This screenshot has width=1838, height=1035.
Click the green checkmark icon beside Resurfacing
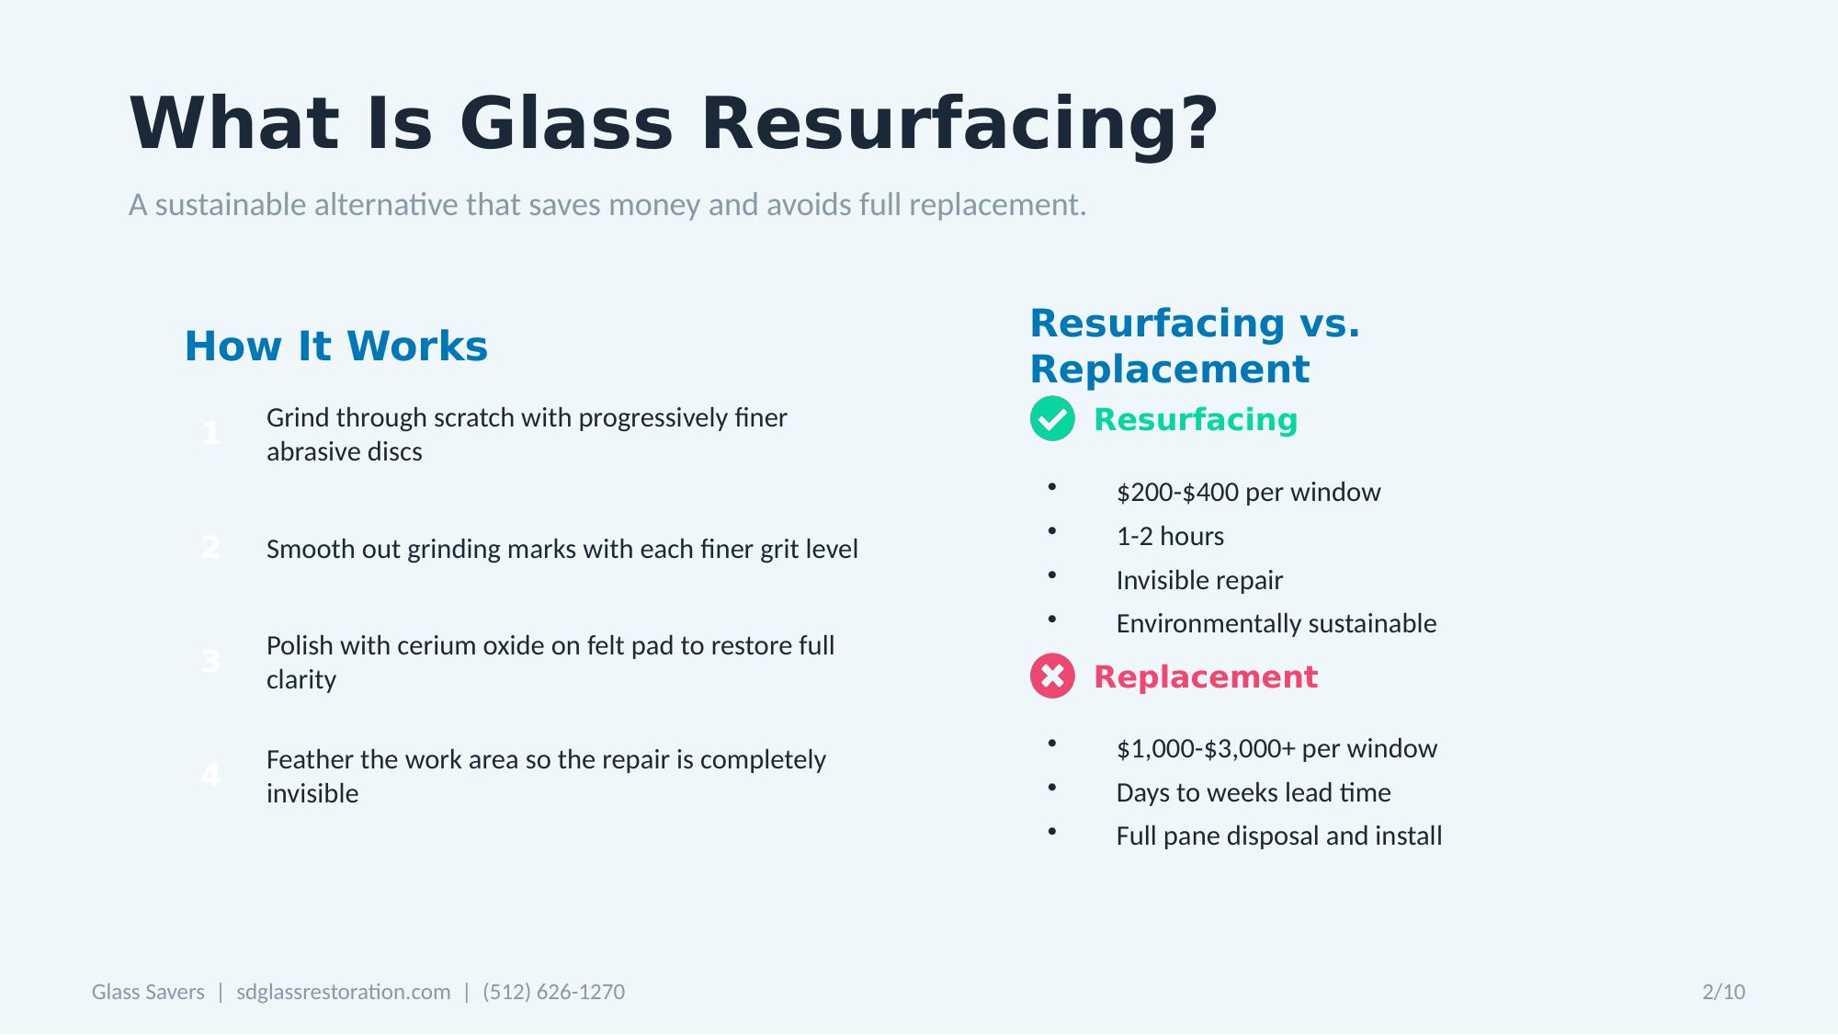1052,419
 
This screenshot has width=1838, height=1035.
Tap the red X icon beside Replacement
1052,677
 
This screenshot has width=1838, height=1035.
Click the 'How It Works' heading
335,347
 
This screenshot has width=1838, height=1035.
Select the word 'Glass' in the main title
566,124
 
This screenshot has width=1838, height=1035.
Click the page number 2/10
1723,992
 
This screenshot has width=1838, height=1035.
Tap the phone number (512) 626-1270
553,992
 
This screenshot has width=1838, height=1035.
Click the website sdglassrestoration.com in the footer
343,992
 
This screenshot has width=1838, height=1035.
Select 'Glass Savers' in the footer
148,992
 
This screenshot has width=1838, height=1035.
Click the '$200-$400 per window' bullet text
1248,493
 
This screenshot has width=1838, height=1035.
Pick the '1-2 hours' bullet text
1170,537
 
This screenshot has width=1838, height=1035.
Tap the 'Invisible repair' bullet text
1199,581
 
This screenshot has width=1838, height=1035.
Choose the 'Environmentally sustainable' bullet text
1276,624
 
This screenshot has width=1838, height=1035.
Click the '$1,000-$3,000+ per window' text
1276,749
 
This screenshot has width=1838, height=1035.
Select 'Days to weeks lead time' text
1253,793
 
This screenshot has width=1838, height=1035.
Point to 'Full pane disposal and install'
1278,836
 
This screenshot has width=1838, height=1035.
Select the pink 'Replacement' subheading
1205,677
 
